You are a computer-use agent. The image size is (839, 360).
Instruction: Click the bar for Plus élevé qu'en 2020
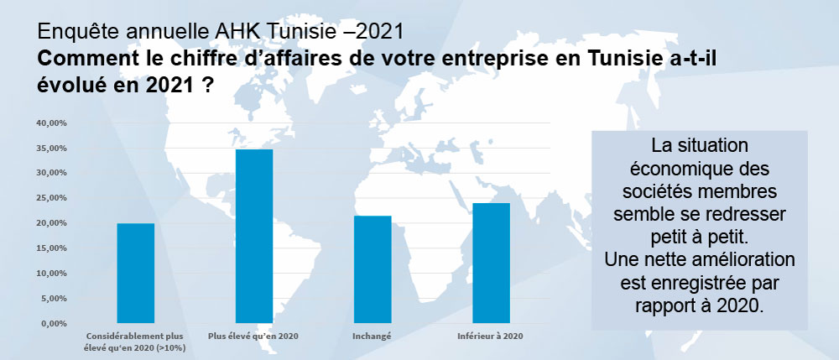254,236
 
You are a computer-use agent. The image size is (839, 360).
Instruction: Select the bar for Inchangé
373,269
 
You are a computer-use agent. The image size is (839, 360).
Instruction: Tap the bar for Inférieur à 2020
492,263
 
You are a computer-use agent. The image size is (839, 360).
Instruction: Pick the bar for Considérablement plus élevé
135,273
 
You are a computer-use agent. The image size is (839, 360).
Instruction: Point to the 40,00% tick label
51,123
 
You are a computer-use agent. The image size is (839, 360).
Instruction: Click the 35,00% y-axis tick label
51,148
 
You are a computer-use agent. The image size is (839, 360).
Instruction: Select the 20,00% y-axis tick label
51,223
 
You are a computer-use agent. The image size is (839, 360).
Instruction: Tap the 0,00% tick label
54,323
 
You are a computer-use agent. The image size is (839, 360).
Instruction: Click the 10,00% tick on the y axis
51,274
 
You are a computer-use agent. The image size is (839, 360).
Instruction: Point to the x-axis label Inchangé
373,337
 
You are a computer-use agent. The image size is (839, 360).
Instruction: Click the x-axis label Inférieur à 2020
492,337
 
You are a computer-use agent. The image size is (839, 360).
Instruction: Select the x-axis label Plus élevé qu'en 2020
254,337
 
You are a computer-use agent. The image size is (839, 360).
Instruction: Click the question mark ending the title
206,88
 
